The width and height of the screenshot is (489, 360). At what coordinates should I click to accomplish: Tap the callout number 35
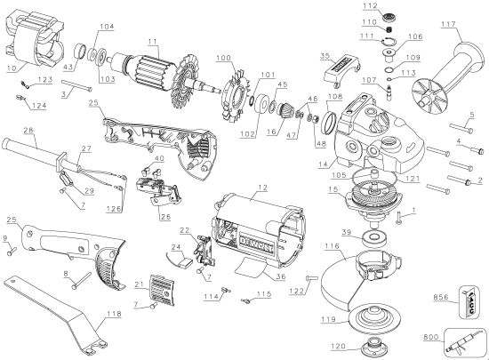(325, 55)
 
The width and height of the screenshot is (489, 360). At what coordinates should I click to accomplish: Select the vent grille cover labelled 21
(162, 290)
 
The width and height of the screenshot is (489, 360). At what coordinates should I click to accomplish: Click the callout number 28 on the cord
(29, 132)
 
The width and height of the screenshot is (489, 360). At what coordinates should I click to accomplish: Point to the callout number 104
(107, 28)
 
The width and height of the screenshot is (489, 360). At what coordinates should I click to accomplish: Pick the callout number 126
(114, 210)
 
